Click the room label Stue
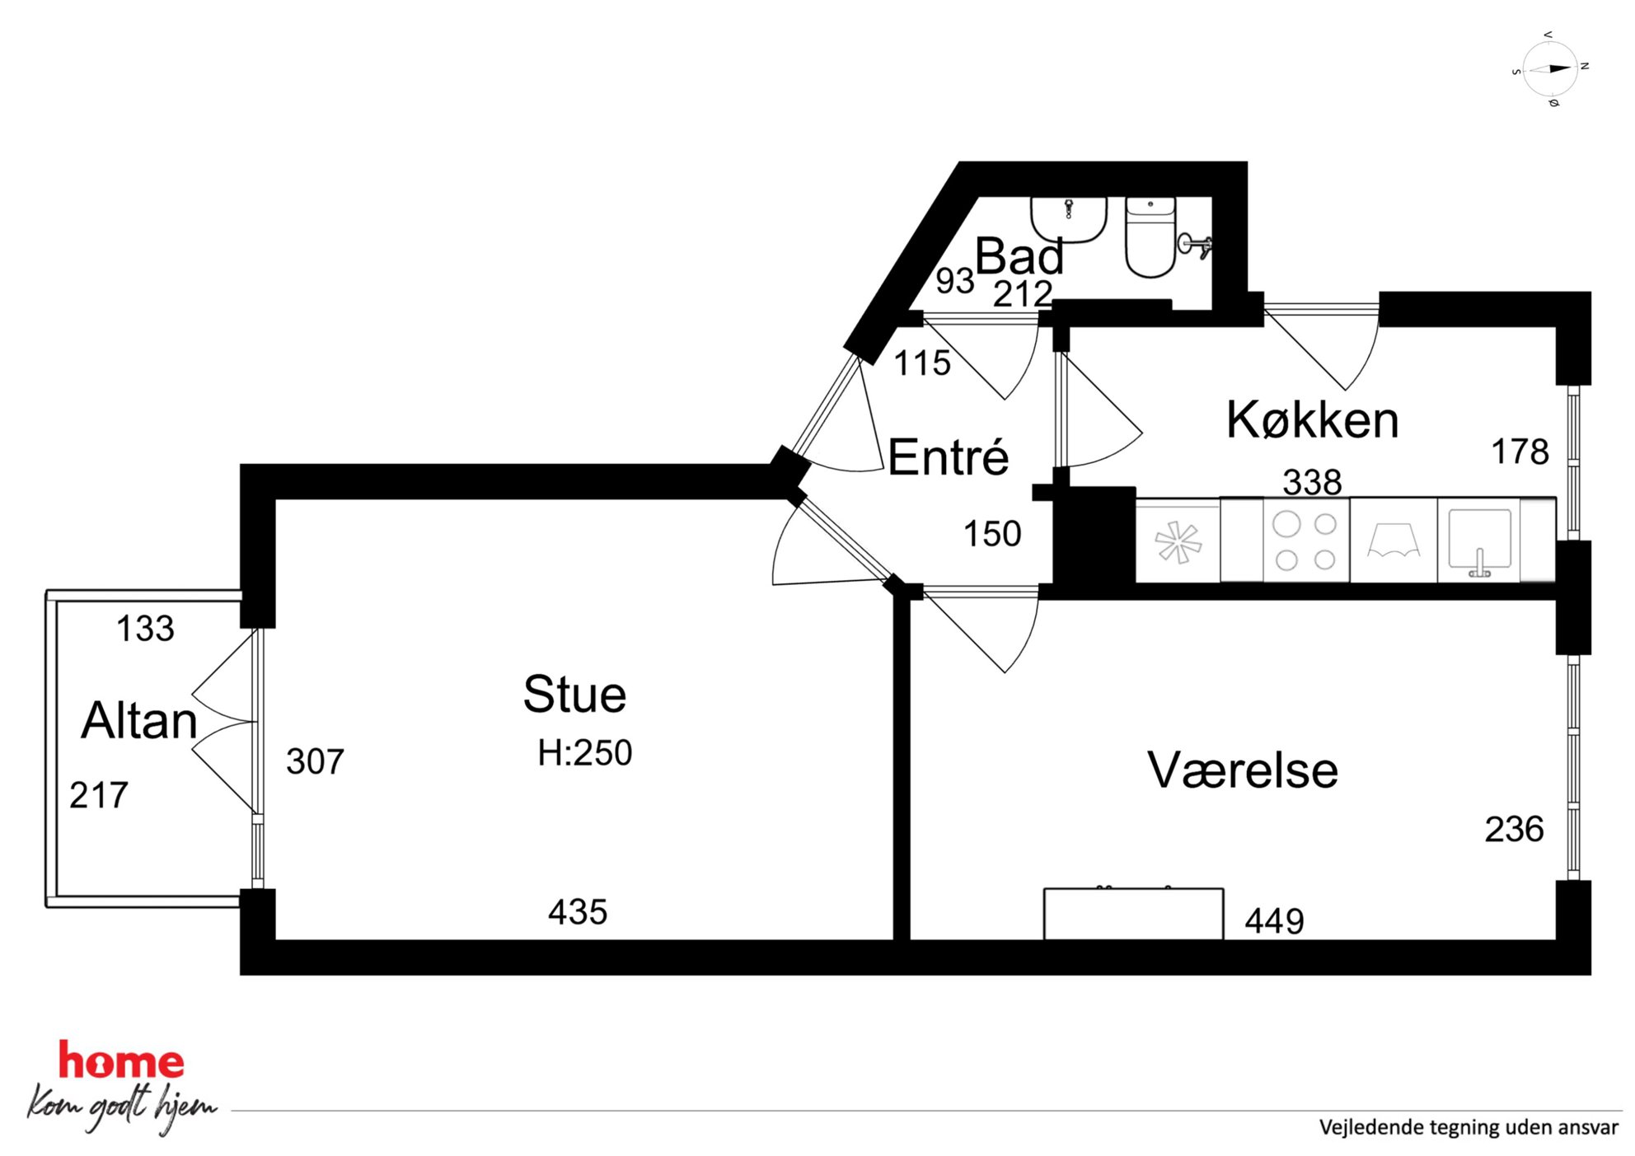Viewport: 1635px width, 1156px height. pos(574,694)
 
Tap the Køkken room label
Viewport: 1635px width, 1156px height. pos(1313,419)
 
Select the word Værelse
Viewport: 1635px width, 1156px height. pos(1243,770)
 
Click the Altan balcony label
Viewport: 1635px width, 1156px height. pos(139,720)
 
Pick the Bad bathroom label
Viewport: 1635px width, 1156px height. pos(1019,255)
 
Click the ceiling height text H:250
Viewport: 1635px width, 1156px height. pos(585,753)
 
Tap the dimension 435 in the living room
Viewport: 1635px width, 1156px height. pos(578,912)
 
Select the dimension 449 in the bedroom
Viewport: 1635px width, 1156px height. pos(1275,921)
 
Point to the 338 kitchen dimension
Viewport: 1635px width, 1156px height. pos(1313,482)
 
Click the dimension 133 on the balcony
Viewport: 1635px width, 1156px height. pos(146,629)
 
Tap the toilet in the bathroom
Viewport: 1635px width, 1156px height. pos(1150,236)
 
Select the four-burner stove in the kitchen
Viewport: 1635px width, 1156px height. pos(1305,541)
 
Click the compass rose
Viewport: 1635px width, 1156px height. pos(1550,69)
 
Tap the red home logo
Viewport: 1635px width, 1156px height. pos(121,1061)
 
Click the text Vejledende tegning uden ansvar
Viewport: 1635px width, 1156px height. pos(1469,1127)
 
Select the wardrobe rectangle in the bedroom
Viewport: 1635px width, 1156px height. pos(1133,914)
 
